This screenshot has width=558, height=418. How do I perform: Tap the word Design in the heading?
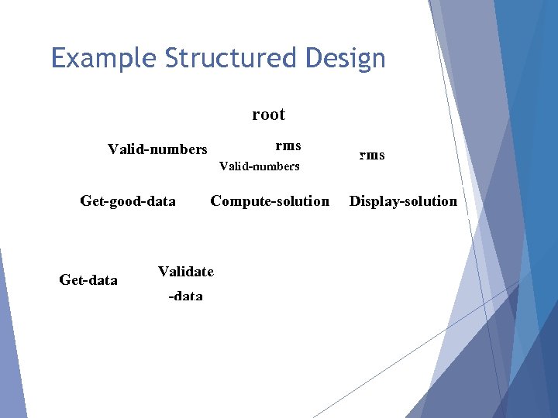pyautogui.click(x=346, y=59)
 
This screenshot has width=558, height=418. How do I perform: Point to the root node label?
pyautogui.click(x=268, y=115)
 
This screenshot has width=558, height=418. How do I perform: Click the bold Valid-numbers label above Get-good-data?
pyautogui.click(x=157, y=149)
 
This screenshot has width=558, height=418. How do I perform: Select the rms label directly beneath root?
pyautogui.click(x=288, y=146)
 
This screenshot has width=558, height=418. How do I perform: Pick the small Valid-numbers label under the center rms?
pyautogui.click(x=259, y=166)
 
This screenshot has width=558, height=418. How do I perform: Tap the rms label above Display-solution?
pyautogui.click(x=371, y=155)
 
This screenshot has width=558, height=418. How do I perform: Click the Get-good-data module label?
pyautogui.click(x=128, y=201)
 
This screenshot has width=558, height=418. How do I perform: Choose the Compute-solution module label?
pyautogui.click(x=270, y=201)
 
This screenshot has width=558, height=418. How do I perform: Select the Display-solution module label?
pyautogui.click(x=403, y=201)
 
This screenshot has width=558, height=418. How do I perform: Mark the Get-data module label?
pyautogui.click(x=88, y=280)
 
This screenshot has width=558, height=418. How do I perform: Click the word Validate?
pyautogui.click(x=186, y=271)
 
